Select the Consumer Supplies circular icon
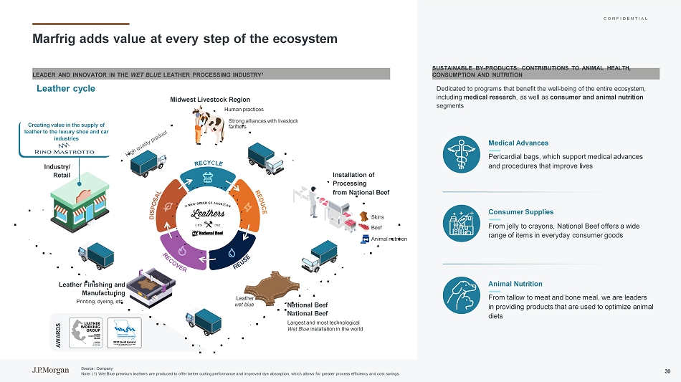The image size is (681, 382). tap(464, 224)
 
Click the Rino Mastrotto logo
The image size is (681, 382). tap(60, 151)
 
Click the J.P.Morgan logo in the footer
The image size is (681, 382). tap(47, 370)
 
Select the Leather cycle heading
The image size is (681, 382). tap(66, 88)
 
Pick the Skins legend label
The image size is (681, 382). tap(378, 217)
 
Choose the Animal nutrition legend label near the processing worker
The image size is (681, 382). tap(389, 239)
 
